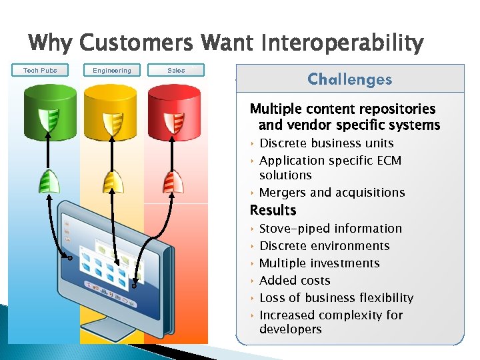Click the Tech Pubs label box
click(41, 70)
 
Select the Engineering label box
click(112, 70)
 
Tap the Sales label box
click(176, 70)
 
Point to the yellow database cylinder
click(111, 110)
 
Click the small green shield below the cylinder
click(47, 181)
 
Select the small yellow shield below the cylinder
click(111, 181)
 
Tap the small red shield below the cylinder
click(175, 181)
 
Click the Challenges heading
click(349, 79)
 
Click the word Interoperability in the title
click(343, 44)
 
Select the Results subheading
click(273, 211)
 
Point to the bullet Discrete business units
click(326, 143)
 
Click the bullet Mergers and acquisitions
click(331, 193)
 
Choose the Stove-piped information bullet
click(330, 229)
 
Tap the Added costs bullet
click(294, 281)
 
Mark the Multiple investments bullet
click(319, 263)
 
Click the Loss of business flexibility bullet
click(336, 298)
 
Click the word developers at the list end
click(290, 329)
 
